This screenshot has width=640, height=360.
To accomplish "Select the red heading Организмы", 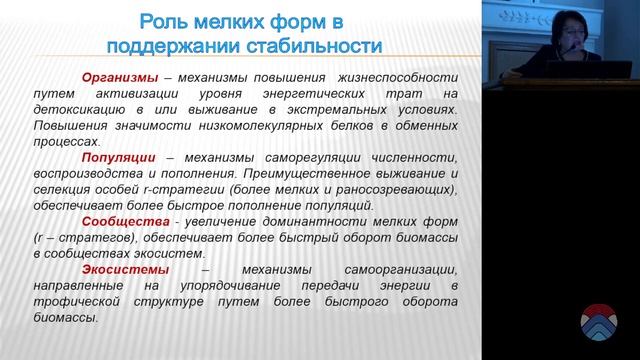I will (x=122, y=77).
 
